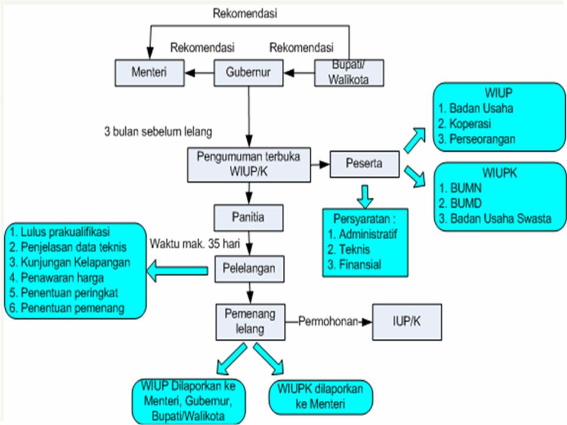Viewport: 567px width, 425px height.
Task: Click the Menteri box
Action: (x=149, y=73)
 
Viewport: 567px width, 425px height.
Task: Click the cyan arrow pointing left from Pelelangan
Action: (x=177, y=271)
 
